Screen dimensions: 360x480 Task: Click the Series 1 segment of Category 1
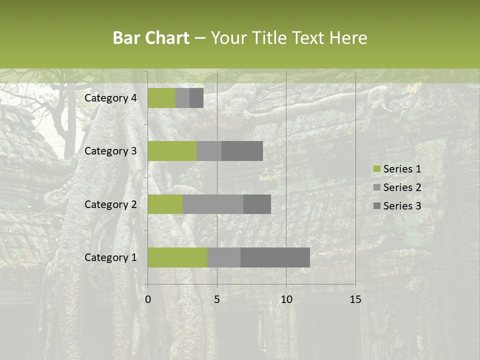pos(177,257)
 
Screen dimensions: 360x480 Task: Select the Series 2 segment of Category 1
pos(224,257)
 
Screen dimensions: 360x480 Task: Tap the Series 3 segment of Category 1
pos(275,257)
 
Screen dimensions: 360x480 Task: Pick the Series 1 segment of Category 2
pos(165,204)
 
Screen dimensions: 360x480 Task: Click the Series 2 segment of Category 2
pos(213,204)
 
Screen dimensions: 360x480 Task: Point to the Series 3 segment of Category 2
pos(257,204)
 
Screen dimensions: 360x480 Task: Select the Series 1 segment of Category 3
pos(172,151)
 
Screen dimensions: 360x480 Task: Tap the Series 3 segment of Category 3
pos(242,151)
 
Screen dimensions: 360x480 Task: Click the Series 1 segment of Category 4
pos(161,98)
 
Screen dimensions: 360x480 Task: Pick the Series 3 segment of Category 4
pos(196,98)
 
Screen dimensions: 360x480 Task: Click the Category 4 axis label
pos(110,98)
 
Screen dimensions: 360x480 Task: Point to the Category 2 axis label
pos(110,204)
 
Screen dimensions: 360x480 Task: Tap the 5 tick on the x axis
pos(217,299)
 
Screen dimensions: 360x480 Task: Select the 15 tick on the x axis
pos(355,299)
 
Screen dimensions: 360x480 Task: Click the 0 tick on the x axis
pos(148,299)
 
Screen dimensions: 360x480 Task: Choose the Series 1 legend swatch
pos(376,169)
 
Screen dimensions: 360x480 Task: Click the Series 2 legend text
pos(402,187)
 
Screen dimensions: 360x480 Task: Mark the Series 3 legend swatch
pos(376,206)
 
